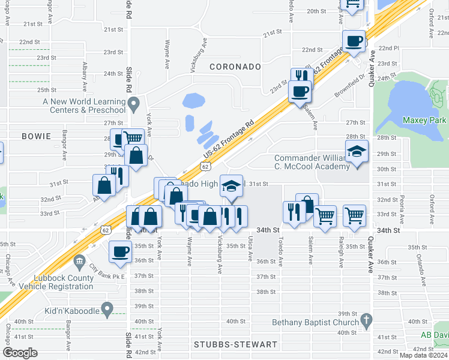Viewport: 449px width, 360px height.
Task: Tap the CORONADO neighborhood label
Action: coord(235,65)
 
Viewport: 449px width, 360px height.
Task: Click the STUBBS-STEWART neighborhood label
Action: coord(236,344)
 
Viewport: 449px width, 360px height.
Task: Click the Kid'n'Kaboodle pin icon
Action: coord(107,310)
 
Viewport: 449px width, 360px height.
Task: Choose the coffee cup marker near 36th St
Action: coord(120,251)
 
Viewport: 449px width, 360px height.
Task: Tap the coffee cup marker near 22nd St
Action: coord(354,41)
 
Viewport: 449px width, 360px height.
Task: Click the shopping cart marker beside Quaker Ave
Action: coord(355,215)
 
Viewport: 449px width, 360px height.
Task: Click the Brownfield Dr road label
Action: coord(351,86)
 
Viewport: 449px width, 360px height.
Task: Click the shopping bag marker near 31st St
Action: coord(104,185)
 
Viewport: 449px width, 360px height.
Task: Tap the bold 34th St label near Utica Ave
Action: coord(268,230)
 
